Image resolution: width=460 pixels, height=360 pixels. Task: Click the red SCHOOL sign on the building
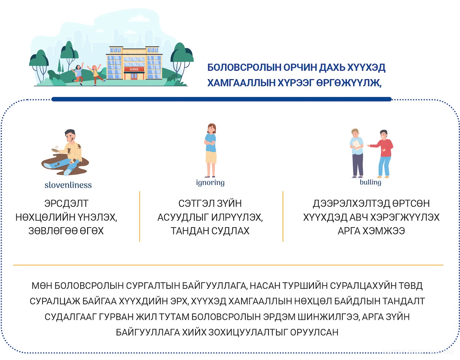pos(134,69)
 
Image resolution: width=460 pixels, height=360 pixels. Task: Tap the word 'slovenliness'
pos(68,185)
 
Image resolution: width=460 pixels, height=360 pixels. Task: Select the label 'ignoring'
pos(210,182)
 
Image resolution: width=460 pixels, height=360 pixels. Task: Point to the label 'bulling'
pos(371,182)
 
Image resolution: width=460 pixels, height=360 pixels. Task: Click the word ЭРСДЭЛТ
pos(66,203)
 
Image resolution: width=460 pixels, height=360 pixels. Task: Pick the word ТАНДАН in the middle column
pos(189,231)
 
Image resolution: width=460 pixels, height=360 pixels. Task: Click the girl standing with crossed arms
pos(211,150)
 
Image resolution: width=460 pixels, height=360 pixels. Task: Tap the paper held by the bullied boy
pos(357,145)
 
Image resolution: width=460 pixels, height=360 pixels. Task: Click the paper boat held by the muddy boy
pos(55,149)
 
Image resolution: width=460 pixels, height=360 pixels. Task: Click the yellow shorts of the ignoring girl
pos(211,157)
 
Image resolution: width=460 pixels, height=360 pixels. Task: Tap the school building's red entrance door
pos(134,76)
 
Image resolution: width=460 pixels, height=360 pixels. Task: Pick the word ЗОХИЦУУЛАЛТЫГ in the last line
pos(248,332)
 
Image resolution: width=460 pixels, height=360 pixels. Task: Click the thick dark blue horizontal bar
pos(221,99)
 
